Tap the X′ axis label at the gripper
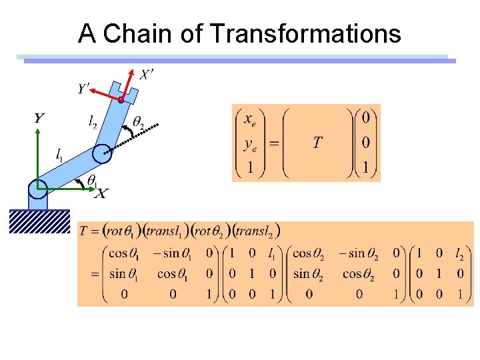[147, 75]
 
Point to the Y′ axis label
[83, 89]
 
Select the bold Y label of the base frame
[39, 119]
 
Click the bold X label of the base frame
[101, 193]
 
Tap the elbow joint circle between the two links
[103, 155]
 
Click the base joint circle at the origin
[37, 188]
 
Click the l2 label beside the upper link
[93, 121]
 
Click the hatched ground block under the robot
[39, 221]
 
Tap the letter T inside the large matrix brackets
[317, 142]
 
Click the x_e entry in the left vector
[249, 120]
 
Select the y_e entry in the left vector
[249, 143]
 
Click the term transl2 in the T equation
[257, 231]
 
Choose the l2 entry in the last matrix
[459, 254]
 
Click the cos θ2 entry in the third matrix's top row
[311, 254]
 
